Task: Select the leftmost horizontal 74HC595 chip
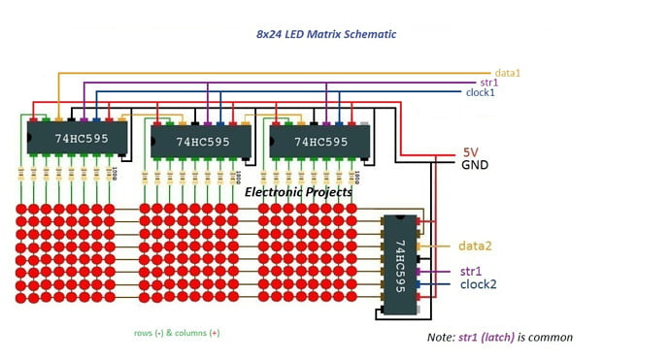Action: (x=76, y=138)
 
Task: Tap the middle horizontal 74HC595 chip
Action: (x=202, y=142)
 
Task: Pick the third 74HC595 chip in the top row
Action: (x=320, y=142)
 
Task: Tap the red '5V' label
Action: (x=470, y=152)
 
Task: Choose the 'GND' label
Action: (x=475, y=165)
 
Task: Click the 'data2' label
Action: (x=477, y=246)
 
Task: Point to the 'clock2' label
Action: (x=479, y=284)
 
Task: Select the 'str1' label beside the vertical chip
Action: (x=471, y=271)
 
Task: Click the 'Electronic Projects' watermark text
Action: (x=298, y=192)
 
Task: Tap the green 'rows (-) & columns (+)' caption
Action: (x=177, y=332)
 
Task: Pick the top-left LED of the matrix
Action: (x=20, y=210)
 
